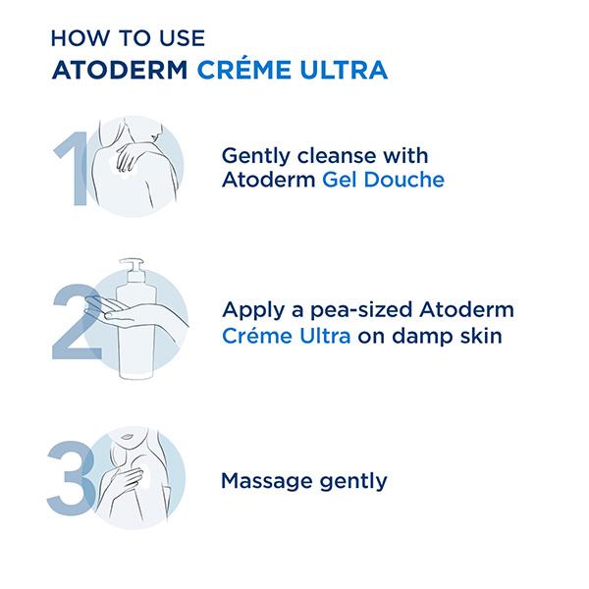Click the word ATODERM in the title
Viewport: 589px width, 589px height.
pyautogui.click(x=120, y=70)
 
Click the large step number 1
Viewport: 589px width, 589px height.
pyautogui.click(x=73, y=168)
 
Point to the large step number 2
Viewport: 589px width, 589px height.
pyautogui.click(x=77, y=322)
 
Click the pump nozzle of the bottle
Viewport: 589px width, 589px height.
pyautogui.click(x=132, y=266)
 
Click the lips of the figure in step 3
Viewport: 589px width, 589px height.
pyautogui.click(x=128, y=437)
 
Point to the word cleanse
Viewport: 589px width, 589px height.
pyautogui.click(x=336, y=155)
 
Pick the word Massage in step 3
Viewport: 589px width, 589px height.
pyautogui.click(x=267, y=482)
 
